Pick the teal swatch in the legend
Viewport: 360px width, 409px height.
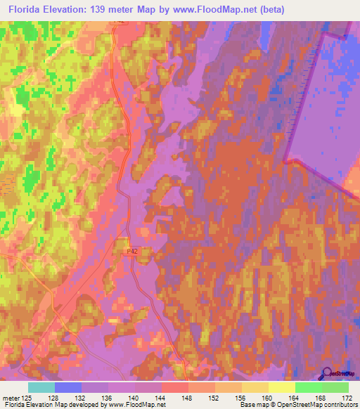pos(41,387)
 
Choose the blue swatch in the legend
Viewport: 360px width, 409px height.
pos(68,387)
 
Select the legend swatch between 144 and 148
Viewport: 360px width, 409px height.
pos(175,387)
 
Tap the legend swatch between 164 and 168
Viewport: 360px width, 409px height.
pos(309,387)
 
